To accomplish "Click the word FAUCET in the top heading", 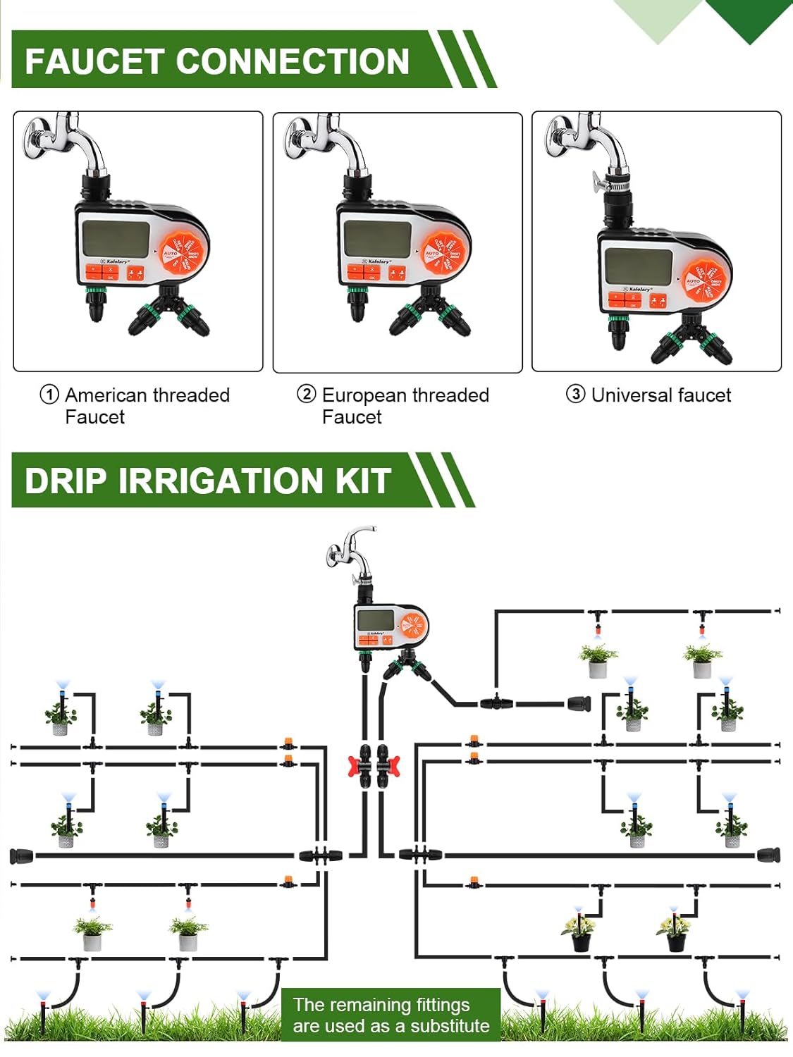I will click(x=94, y=61).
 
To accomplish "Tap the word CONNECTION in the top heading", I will click(x=292, y=61).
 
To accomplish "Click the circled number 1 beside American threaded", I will click(x=49, y=395).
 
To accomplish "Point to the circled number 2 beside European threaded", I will click(x=307, y=394).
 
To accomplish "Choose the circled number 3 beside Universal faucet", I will click(x=576, y=394).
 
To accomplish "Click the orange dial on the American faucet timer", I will click(x=183, y=252).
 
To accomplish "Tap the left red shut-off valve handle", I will click(x=354, y=766).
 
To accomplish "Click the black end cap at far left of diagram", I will click(x=21, y=856).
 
